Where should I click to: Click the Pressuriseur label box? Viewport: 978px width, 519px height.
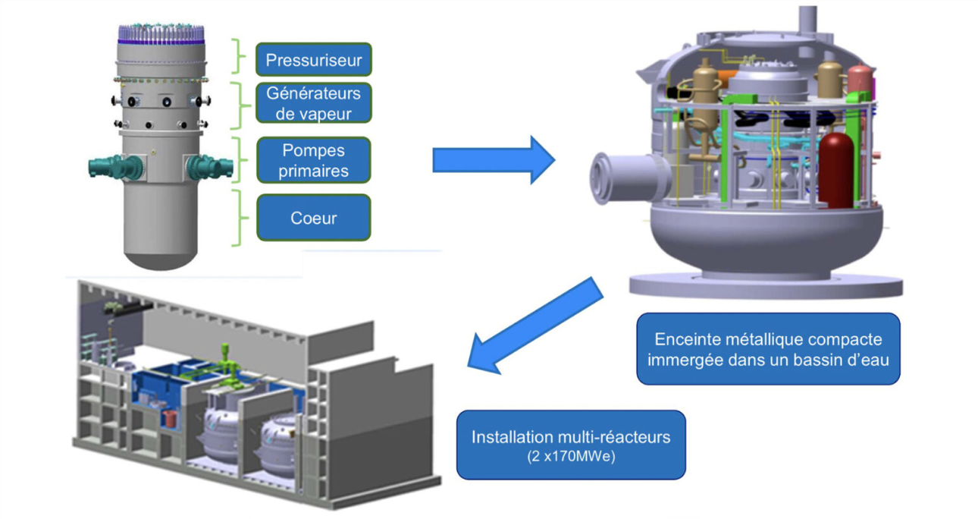click(313, 59)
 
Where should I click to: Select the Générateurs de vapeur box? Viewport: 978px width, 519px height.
click(313, 103)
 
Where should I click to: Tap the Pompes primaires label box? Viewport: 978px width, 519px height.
click(313, 160)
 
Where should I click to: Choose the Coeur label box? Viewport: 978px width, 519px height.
click(313, 218)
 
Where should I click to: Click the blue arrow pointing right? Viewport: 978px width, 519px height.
click(494, 159)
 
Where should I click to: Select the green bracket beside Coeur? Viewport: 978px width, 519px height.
click(241, 218)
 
